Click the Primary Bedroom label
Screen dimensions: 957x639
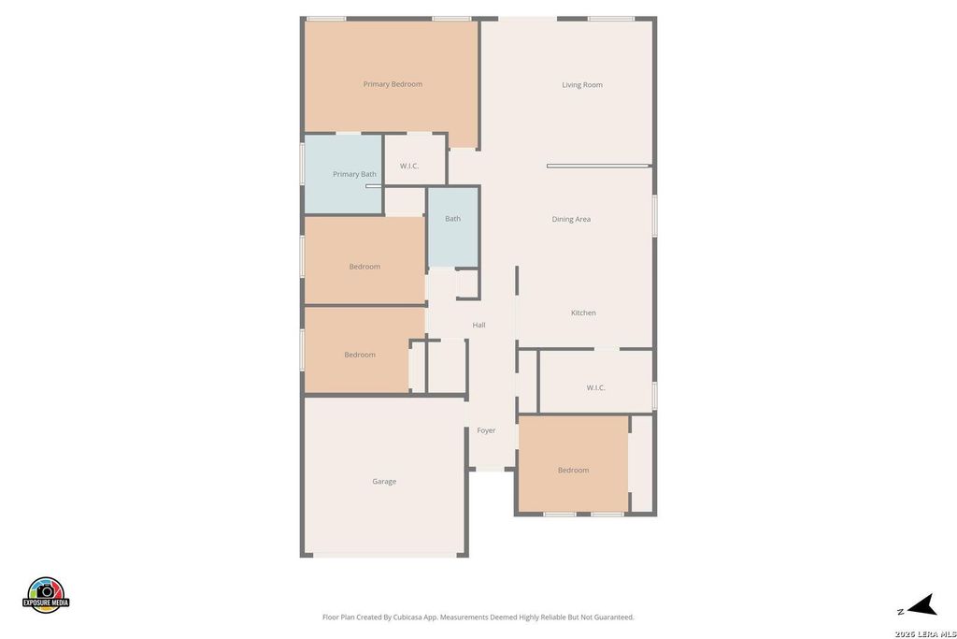(x=393, y=84)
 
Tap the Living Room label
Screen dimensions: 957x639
(x=582, y=85)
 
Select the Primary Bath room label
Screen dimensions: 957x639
(x=354, y=174)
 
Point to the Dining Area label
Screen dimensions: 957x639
(x=571, y=219)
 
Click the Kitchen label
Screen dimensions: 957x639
(x=583, y=312)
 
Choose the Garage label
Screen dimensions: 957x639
(x=384, y=482)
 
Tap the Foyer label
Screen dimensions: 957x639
(x=486, y=430)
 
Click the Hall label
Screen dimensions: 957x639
(x=479, y=325)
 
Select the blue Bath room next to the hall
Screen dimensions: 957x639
(x=453, y=226)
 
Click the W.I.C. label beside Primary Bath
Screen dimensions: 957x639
(x=409, y=167)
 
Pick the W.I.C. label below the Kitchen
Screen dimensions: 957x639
(x=595, y=388)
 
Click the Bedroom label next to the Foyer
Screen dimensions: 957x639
(x=574, y=471)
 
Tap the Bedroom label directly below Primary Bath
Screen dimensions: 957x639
(x=365, y=267)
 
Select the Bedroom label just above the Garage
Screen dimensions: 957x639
(x=360, y=355)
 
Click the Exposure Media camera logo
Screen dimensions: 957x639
(x=46, y=594)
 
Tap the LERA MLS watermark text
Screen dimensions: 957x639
(x=925, y=633)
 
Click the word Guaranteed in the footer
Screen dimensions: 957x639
(x=616, y=617)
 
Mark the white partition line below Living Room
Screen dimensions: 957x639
(x=597, y=166)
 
